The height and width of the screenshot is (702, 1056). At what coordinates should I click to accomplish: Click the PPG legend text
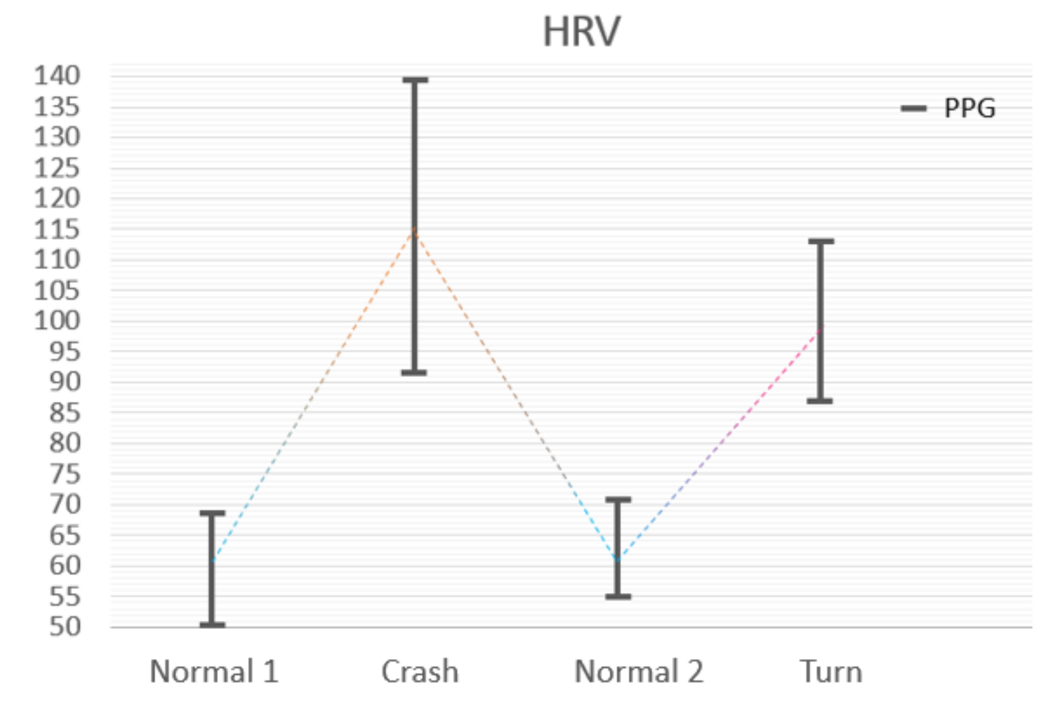click(x=969, y=108)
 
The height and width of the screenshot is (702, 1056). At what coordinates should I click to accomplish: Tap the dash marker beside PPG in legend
click(x=914, y=108)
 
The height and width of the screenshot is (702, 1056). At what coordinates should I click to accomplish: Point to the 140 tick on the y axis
click(x=57, y=75)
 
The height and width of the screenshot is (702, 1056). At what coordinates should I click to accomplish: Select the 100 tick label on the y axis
click(x=57, y=320)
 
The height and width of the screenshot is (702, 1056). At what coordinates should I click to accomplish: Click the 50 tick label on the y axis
click(x=64, y=627)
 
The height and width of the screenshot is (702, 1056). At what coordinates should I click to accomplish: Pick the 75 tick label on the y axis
click(x=64, y=474)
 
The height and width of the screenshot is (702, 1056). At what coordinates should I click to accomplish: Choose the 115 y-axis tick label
click(x=57, y=229)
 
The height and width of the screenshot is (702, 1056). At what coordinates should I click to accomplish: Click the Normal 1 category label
click(x=214, y=671)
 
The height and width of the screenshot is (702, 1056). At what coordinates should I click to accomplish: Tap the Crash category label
click(x=420, y=671)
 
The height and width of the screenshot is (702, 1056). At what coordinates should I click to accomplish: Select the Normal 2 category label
click(x=639, y=671)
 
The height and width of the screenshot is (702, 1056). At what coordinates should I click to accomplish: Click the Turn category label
click(x=831, y=671)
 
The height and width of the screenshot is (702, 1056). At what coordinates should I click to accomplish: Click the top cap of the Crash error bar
click(x=415, y=80)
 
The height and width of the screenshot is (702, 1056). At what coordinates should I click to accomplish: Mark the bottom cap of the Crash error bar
click(x=414, y=373)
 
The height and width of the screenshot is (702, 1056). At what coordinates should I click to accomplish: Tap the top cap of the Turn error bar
click(x=821, y=241)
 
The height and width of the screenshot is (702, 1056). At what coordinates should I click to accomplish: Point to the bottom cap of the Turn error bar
click(x=820, y=401)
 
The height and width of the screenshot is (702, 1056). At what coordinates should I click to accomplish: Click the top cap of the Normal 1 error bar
click(x=212, y=513)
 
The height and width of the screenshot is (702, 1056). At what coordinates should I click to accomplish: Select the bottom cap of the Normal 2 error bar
click(x=618, y=597)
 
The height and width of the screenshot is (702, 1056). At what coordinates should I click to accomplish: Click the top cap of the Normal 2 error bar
click(x=618, y=500)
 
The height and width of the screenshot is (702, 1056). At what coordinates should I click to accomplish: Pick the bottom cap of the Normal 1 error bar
click(x=212, y=625)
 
